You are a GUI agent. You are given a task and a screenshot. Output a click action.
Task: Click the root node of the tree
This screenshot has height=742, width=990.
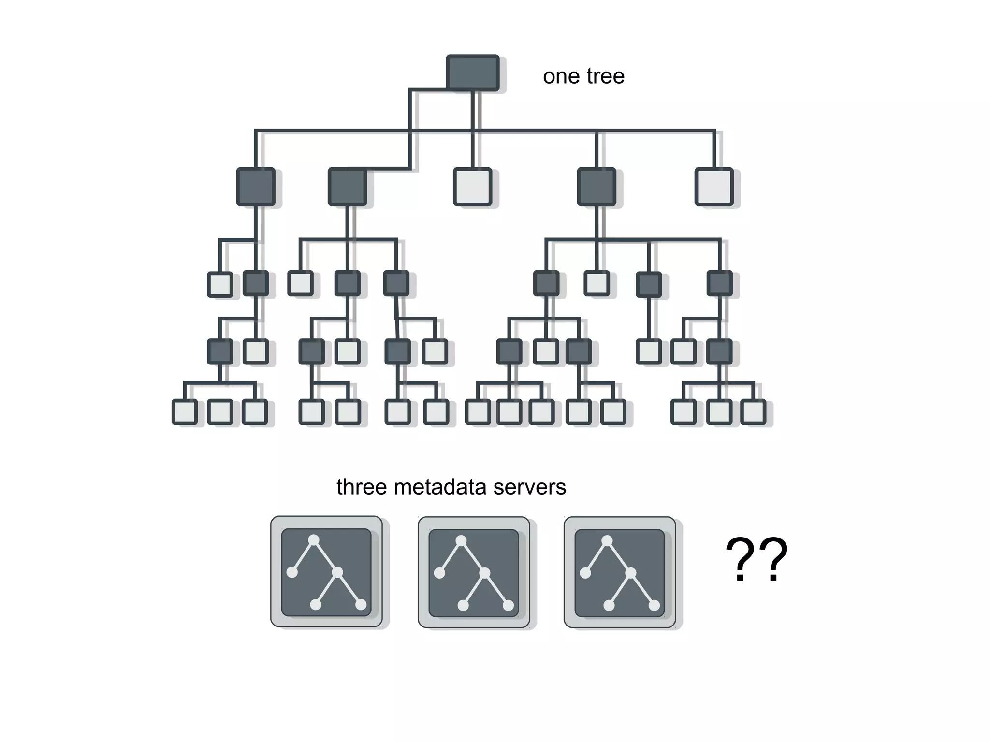point(472,73)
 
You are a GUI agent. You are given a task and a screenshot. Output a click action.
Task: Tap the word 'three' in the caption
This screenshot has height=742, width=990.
point(362,487)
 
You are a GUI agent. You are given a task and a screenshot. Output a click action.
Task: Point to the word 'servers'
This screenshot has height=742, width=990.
point(529,487)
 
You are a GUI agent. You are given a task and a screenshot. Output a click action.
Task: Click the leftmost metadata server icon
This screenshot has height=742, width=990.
point(326,572)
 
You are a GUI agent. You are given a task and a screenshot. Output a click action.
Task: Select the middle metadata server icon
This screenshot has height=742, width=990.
point(474,572)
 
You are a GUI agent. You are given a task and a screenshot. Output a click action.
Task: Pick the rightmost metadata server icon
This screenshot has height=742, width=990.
point(620,572)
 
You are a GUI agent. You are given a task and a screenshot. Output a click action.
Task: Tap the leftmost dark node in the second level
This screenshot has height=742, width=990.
point(256,187)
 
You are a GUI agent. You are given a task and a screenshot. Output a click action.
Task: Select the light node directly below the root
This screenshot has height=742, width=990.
point(472,187)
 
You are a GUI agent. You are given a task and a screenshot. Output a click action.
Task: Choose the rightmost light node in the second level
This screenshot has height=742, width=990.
point(713,187)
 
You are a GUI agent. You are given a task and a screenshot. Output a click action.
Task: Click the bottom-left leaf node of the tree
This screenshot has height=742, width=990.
point(184,412)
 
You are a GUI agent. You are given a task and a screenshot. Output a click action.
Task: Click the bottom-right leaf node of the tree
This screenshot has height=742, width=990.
point(753,412)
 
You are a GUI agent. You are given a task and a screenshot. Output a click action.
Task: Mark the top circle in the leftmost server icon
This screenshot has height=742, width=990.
point(314,540)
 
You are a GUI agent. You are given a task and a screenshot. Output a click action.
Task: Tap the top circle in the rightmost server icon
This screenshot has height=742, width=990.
point(607,540)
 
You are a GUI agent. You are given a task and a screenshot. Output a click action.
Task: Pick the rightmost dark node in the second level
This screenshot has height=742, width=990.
point(597,187)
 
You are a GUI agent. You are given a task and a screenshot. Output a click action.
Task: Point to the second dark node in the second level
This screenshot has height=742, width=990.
point(347,187)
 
